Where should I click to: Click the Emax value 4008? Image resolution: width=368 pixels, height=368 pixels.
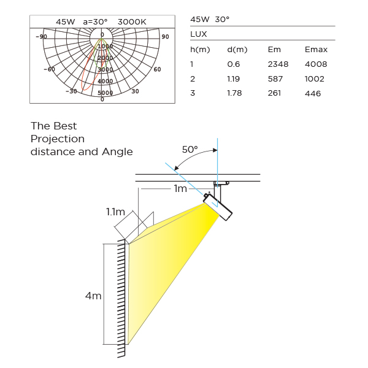pos(316,64)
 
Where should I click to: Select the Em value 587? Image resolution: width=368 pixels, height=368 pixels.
pos(275,79)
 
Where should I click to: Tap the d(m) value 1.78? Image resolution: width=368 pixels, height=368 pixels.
pos(234,93)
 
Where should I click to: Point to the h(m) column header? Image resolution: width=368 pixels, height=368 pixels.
pos(200,50)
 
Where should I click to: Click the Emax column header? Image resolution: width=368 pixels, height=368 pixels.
pos(316,50)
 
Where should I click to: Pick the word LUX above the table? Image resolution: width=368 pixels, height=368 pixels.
pos(199,34)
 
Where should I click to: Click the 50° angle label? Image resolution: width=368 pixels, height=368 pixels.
pos(190,150)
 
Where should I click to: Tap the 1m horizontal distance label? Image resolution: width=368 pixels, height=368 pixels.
pos(180,188)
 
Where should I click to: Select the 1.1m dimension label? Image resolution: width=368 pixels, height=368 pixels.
pos(115,212)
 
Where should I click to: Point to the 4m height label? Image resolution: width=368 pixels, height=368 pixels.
pos(93,296)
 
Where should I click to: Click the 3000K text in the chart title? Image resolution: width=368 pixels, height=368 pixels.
pos(132,22)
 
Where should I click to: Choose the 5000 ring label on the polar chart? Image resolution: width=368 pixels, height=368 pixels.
pos(105,93)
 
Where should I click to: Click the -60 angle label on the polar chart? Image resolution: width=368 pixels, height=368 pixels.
pos(49,69)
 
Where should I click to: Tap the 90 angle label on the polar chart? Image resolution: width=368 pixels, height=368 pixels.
pos(165,37)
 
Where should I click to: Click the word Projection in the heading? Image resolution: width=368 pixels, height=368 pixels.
pos(58,139)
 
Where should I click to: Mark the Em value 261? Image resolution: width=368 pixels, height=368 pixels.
pos(274,93)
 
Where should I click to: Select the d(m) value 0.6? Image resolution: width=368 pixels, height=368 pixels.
pos(234,64)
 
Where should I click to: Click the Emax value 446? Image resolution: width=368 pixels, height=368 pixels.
pos(313,93)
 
